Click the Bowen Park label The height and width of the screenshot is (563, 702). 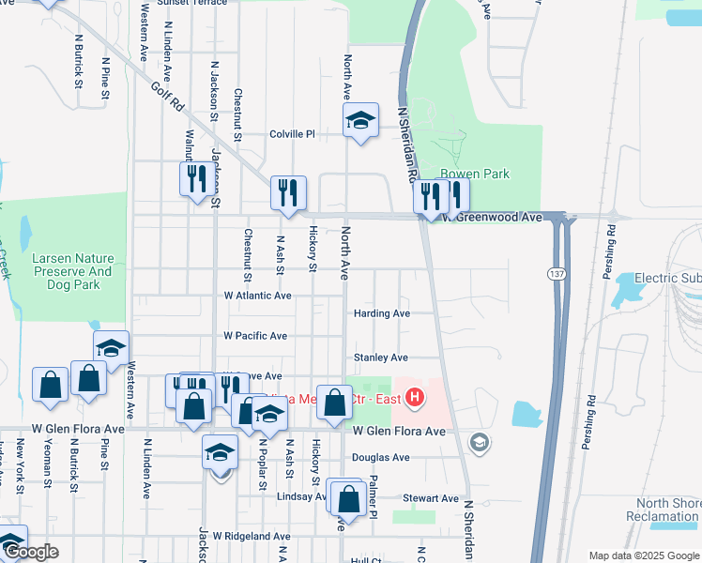pyautogui.click(x=475, y=174)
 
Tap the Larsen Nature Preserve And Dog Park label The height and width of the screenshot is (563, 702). pyautogui.click(x=73, y=271)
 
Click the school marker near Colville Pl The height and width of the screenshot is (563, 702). pyautogui.click(x=360, y=121)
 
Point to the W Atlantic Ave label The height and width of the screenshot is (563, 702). pyautogui.click(x=257, y=296)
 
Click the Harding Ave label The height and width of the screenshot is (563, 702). pyautogui.click(x=382, y=313)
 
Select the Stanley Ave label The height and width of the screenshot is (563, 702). pyautogui.click(x=381, y=358)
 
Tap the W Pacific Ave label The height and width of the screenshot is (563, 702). pyautogui.click(x=255, y=336)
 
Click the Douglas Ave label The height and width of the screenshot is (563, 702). pyautogui.click(x=381, y=458)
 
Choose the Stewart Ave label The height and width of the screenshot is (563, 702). pyautogui.click(x=431, y=498)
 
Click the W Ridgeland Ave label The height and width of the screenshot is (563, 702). pyautogui.click(x=252, y=536)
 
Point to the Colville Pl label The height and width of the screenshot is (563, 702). pyautogui.click(x=292, y=133)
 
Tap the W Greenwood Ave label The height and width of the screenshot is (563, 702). pyautogui.click(x=494, y=217)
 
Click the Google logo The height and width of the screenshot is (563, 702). pyautogui.click(x=31, y=552)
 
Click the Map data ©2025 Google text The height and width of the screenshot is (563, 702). pyautogui.click(x=644, y=555)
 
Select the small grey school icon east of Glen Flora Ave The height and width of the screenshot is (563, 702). pyautogui.click(x=480, y=442)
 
